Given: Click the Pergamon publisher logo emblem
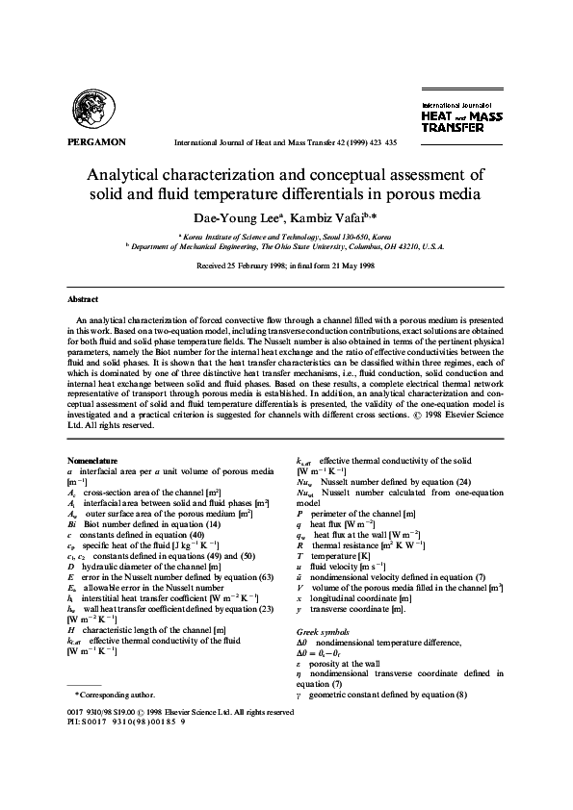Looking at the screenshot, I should click(94, 109).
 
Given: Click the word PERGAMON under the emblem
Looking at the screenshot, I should click(97, 141).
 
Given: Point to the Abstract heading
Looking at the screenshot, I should click(83, 299).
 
